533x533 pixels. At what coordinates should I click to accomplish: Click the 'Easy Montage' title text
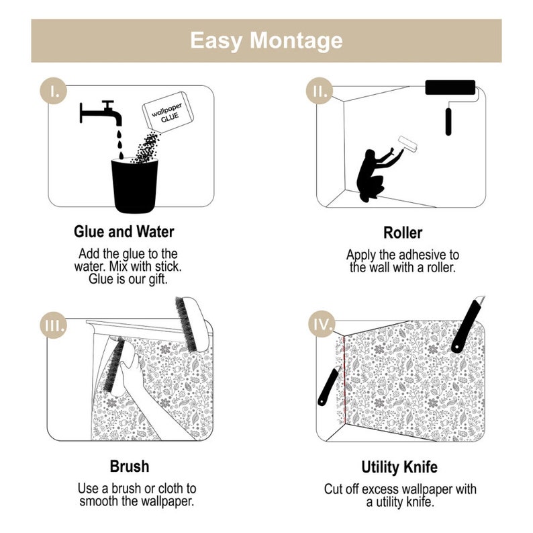click(266, 41)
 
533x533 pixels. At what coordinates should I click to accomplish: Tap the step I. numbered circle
click(54, 91)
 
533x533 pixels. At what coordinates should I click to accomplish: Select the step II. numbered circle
click(319, 91)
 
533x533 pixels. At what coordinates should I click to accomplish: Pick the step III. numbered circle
click(54, 325)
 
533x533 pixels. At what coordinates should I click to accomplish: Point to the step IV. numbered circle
click(322, 324)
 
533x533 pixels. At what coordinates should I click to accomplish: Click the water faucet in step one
click(101, 114)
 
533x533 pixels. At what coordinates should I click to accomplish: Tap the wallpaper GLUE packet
click(168, 112)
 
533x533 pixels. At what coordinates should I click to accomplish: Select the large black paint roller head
click(450, 87)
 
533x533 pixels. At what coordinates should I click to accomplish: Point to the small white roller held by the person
click(407, 144)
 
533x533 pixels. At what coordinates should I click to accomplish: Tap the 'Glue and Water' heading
click(124, 232)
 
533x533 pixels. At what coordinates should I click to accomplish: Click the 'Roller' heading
click(403, 233)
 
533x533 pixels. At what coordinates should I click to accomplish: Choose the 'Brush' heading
click(130, 466)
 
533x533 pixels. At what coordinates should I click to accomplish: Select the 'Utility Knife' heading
click(399, 467)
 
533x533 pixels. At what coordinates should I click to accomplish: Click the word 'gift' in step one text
click(158, 280)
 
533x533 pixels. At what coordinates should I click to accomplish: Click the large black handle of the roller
click(448, 122)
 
